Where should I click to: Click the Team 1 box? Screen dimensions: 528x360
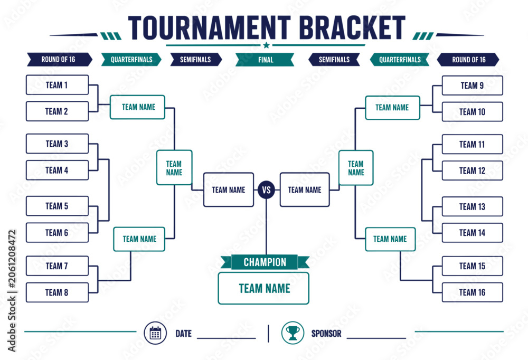[x=57, y=85]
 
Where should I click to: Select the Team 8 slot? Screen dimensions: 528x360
[x=57, y=292]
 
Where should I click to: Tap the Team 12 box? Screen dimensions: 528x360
[x=472, y=170]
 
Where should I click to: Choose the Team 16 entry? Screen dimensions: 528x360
[x=472, y=292]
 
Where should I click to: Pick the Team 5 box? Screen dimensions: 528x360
[x=57, y=206]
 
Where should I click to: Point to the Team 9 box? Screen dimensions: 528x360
[x=472, y=86]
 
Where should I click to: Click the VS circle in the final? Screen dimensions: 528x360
[x=266, y=190]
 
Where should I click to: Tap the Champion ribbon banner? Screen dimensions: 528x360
[x=265, y=262]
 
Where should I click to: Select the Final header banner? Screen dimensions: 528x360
[x=265, y=60]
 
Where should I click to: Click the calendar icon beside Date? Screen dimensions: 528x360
[x=155, y=333]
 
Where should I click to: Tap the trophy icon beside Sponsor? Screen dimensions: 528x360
[x=293, y=333]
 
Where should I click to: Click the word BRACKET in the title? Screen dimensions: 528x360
[x=352, y=27]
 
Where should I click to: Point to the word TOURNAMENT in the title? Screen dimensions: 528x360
[x=209, y=27]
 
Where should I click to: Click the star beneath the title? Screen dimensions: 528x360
[x=266, y=45]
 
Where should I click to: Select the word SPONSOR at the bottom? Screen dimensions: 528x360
[x=326, y=334]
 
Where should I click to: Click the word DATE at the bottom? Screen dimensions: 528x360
[x=184, y=334]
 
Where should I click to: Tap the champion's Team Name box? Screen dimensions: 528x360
[x=263, y=288]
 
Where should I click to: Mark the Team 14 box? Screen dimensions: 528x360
[x=472, y=233]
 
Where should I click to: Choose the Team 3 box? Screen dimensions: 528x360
[x=57, y=144]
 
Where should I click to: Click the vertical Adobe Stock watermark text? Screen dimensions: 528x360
[x=12, y=291]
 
